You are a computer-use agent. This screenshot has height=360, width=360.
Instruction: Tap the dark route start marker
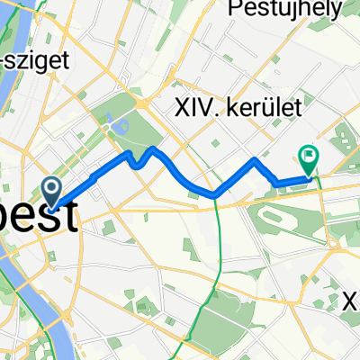click(x=52, y=189)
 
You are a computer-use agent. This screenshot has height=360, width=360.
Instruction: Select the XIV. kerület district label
click(x=238, y=106)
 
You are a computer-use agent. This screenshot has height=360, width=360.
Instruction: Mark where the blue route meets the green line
click(x=217, y=194)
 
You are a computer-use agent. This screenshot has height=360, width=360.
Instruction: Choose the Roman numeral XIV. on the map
click(x=198, y=106)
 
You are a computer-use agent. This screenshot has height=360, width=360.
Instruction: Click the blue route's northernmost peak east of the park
click(x=155, y=148)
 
